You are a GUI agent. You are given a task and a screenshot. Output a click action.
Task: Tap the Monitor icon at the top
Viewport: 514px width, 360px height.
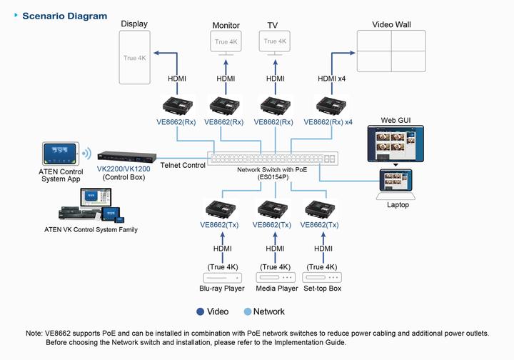click(226, 43)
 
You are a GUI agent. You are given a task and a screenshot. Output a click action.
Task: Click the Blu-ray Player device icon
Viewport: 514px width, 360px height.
click(222, 278)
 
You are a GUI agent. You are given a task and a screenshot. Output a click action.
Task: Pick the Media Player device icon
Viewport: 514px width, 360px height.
click(275, 278)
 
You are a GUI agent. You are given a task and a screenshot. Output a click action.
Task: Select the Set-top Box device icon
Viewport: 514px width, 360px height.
click(323, 278)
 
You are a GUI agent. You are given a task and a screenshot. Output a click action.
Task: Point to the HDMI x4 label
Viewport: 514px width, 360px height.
click(331, 79)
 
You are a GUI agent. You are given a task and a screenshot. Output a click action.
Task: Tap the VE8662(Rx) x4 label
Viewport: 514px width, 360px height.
click(328, 122)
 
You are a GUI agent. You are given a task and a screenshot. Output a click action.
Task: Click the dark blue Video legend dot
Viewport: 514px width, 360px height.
click(201, 311)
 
